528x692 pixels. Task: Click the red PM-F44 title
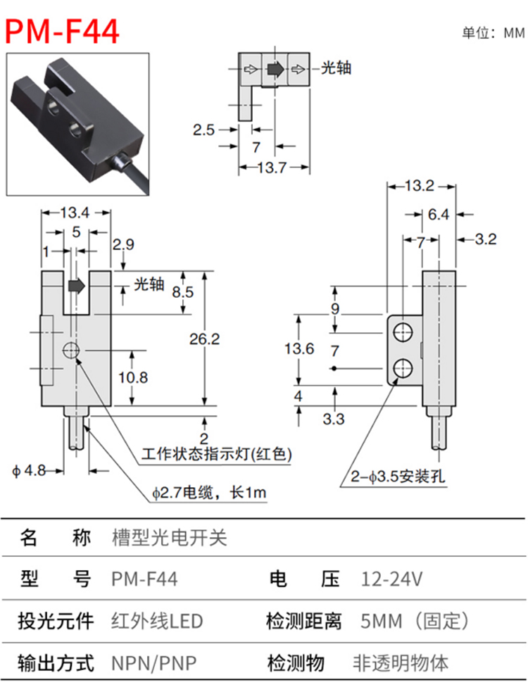62,32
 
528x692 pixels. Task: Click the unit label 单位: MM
493,33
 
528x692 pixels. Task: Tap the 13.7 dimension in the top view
272,168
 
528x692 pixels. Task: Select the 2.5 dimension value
203,130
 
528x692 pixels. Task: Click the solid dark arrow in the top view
275,69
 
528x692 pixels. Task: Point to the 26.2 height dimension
204,339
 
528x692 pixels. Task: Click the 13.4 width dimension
75,213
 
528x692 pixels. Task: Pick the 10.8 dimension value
133,377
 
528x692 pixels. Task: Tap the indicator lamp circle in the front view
71,351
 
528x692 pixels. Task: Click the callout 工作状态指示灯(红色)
217,454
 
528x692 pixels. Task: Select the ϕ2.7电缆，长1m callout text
209,492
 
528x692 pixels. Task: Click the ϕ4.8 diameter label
29,471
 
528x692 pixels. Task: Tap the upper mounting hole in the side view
403,332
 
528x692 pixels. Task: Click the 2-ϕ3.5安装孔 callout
398,477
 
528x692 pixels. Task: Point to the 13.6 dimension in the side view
299,348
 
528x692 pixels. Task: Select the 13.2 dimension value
419,186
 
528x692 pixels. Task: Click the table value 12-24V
392,579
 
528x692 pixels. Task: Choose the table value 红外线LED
157,621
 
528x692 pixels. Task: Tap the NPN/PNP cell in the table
153,663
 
